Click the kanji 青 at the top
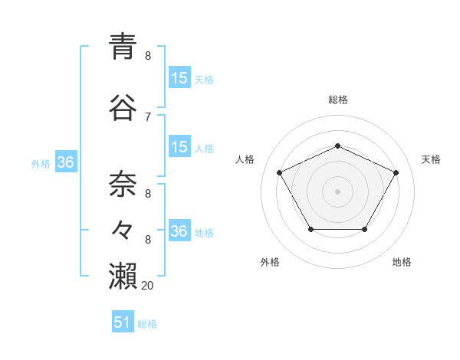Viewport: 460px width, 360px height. coord(124,47)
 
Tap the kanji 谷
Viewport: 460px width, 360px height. coord(124,107)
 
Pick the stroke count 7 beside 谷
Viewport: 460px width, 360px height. coord(148,116)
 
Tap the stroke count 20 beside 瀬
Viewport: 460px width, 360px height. coord(148,285)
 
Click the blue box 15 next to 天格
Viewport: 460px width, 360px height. coord(179,78)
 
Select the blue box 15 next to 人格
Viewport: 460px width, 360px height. coord(179,148)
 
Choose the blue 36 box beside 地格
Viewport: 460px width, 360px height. coord(179,231)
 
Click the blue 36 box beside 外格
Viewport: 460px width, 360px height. coord(65,162)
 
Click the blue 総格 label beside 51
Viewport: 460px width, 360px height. coord(147,324)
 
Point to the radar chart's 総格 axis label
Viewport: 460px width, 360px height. coord(337,100)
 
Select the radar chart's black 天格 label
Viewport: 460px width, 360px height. coord(431,159)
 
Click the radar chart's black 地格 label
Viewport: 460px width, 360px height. coord(402,262)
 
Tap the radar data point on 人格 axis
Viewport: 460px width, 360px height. coord(279,172)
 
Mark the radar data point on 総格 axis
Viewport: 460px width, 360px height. coord(337,146)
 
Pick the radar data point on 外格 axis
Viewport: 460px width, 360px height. coord(310,229)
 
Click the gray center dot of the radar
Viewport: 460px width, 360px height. coord(337,191)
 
